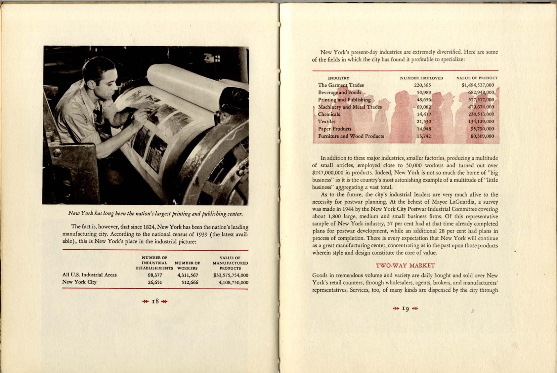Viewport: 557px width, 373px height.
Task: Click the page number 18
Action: click(x=155, y=301)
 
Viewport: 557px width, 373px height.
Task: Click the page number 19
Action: click(x=406, y=309)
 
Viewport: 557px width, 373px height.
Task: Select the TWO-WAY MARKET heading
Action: click(x=405, y=266)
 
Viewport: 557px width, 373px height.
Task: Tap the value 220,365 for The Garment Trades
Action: click(x=422, y=85)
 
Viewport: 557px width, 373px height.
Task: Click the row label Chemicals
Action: click(x=329, y=114)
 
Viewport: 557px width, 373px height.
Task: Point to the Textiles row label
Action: click(x=326, y=122)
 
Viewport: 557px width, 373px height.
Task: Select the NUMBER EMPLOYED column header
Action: click(x=421, y=78)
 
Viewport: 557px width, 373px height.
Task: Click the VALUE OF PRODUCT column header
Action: click(x=477, y=78)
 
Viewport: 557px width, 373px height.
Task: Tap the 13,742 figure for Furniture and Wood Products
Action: click(x=424, y=136)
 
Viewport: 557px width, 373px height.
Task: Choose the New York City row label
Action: click(x=79, y=282)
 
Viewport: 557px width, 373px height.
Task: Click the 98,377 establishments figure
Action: click(x=155, y=275)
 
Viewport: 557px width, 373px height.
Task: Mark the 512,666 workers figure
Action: click(x=190, y=282)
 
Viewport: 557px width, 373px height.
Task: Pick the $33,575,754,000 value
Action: click(x=231, y=275)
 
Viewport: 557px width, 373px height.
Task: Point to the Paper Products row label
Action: click(x=335, y=129)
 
